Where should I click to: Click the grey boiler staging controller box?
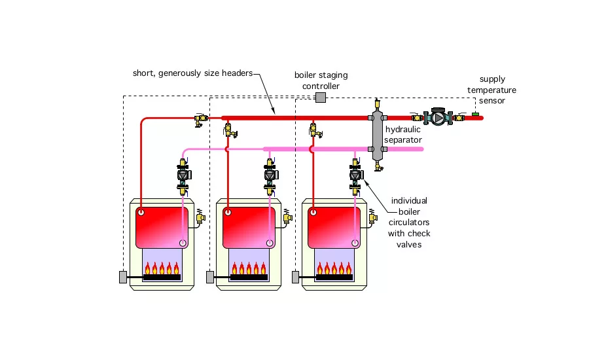[x=321, y=98]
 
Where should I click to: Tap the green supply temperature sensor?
[x=475, y=115]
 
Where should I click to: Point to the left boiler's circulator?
[x=183, y=175]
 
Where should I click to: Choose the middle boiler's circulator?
[x=269, y=175]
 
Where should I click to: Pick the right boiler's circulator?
[x=355, y=175]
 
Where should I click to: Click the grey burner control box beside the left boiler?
[x=123, y=277]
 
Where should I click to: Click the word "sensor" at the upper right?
[x=492, y=101]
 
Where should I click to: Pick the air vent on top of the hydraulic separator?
[x=377, y=104]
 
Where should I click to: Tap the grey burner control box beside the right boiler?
[x=296, y=277]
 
